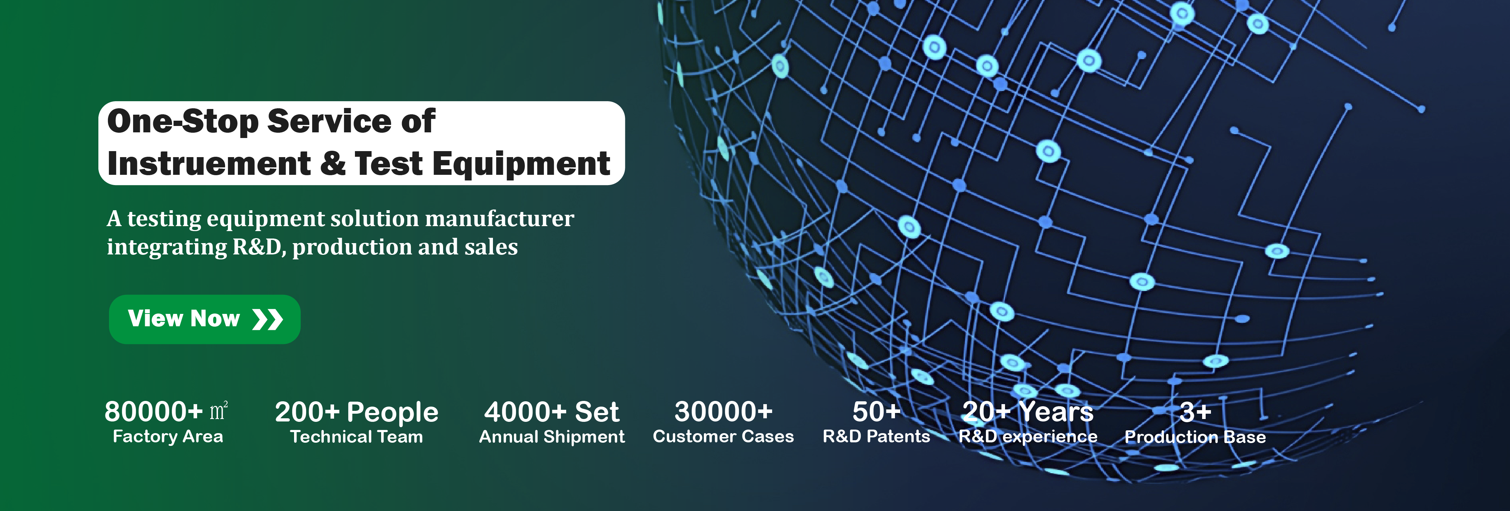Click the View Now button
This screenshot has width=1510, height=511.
point(205,319)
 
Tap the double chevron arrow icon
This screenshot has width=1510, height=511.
point(267,319)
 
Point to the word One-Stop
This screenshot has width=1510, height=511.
point(183,121)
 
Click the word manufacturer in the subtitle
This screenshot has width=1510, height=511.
point(499,219)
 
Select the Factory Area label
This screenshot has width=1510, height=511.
point(168,437)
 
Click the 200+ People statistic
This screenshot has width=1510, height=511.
point(356,412)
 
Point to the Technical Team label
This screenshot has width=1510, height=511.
point(356,437)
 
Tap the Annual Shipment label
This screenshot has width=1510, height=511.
point(552,437)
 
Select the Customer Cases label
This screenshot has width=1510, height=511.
point(723,437)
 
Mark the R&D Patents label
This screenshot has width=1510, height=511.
point(876,437)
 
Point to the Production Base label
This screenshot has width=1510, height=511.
point(1195,437)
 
